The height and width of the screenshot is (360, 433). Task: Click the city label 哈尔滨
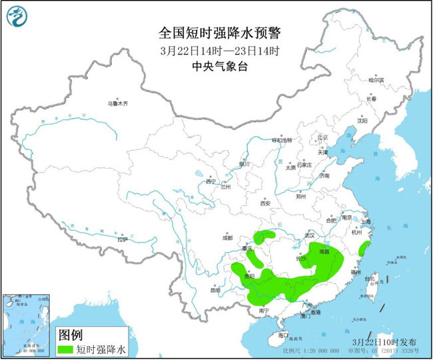(377, 79)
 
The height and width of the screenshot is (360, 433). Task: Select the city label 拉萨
(121, 239)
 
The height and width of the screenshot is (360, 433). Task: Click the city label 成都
(228, 237)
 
